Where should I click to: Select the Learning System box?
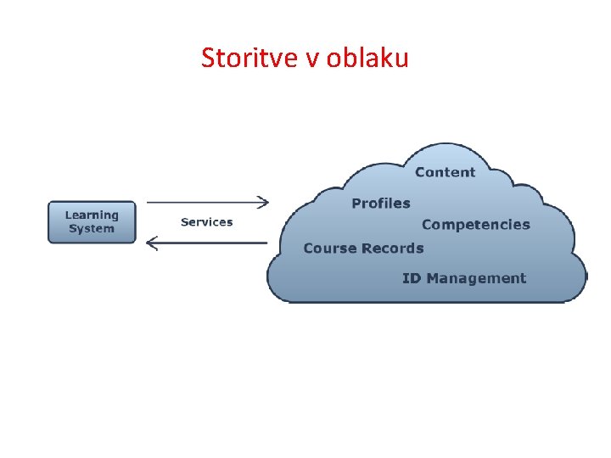(x=92, y=222)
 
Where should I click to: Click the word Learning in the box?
(x=92, y=215)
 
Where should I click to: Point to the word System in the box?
(x=92, y=229)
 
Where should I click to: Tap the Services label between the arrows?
(x=206, y=222)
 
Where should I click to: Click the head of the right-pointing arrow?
(x=264, y=202)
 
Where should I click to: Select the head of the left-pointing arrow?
(x=152, y=243)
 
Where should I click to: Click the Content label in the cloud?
(x=445, y=172)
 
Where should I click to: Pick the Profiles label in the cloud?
(x=380, y=204)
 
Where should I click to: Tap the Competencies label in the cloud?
(x=475, y=225)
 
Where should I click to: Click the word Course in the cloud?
(x=329, y=249)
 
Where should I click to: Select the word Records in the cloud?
(x=392, y=249)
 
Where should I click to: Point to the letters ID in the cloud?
(x=412, y=278)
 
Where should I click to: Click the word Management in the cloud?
(x=476, y=278)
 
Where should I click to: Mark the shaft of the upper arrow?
(x=204, y=202)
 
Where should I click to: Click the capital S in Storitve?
(x=208, y=58)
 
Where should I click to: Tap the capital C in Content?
(x=420, y=172)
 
